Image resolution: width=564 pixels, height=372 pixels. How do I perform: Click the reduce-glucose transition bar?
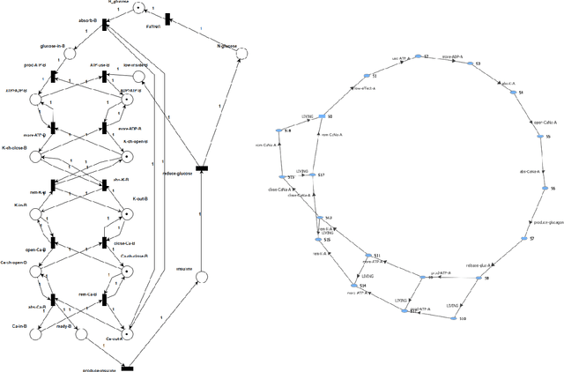pos(202,167)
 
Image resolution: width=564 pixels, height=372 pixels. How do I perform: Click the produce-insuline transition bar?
pos(127,367)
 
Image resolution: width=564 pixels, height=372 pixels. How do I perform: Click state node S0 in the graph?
pos(322,116)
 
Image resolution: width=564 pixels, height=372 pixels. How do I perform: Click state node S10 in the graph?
pos(454,317)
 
